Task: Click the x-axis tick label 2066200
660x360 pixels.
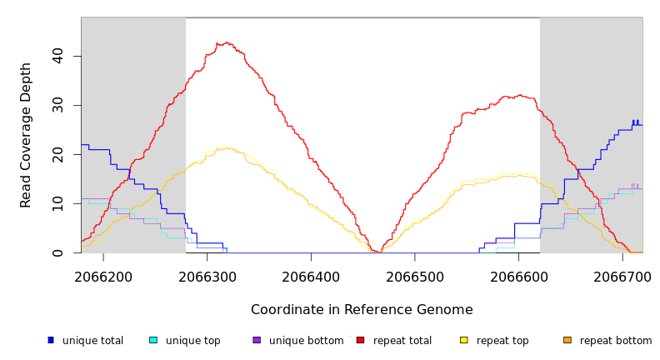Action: tap(103, 277)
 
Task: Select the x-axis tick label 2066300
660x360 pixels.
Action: tap(207, 277)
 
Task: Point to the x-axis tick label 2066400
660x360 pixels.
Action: tap(311, 277)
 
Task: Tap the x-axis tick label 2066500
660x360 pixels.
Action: tap(415, 277)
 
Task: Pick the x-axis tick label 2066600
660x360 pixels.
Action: tap(518, 277)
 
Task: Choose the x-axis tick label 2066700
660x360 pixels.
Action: tap(622, 277)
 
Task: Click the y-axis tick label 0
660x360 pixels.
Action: tap(57, 252)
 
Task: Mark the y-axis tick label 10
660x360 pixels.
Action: tap(57, 203)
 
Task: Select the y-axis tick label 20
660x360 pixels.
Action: tap(57, 154)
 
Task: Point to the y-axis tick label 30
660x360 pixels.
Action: tap(57, 105)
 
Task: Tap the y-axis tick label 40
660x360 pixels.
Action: tap(57, 56)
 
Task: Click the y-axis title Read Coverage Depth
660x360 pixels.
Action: tap(27, 135)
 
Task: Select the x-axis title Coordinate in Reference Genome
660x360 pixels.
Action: tap(362, 310)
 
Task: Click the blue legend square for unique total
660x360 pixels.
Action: tap(51, 340)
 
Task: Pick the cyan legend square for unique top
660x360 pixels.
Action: tap(153, 340)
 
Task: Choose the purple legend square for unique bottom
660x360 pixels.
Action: tap(257, 340)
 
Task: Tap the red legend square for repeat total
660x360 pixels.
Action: tap(360, 340)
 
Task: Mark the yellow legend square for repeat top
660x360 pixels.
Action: tap(464, 340)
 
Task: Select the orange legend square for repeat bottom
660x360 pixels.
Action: tap(567, 340)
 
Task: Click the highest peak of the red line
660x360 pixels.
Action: tap(226, 42)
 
